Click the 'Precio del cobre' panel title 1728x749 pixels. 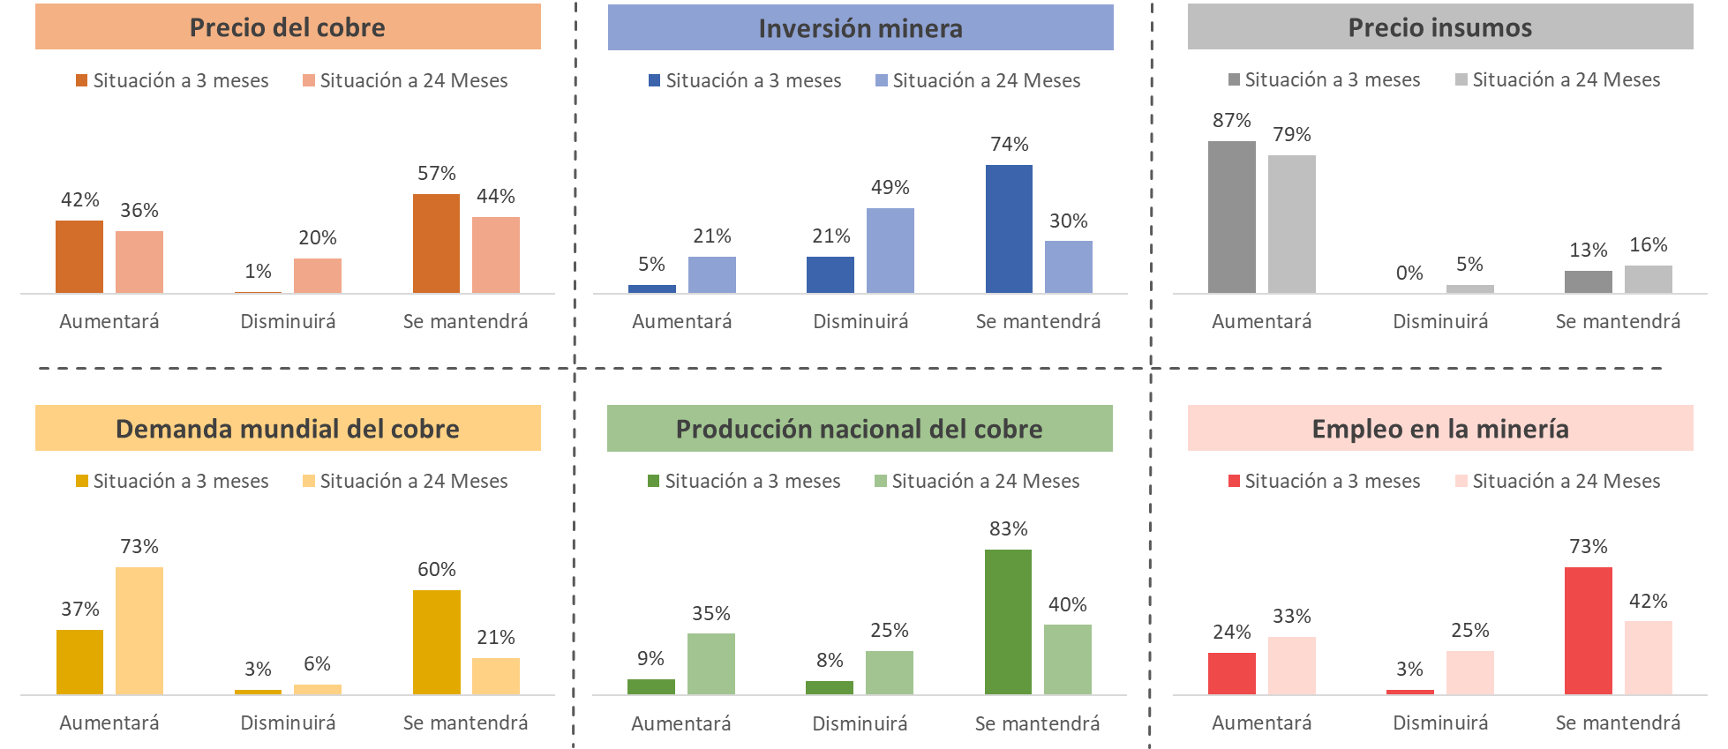[288, 27]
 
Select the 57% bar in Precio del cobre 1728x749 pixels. [436, 243]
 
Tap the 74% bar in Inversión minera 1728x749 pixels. [1009, 229]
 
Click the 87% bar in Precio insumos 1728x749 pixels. [1231, 217]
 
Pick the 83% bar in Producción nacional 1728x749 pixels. [1008, 622]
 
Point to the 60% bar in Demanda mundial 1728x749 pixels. [436, 642]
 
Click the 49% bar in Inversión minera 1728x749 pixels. [890, 251]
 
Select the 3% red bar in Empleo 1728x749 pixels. [1409, 692]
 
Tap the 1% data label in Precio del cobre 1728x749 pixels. [258, 271]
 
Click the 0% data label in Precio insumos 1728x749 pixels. [1409, 273]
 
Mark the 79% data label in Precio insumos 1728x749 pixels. [1291, 134]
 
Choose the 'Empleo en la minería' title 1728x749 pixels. [1440, 429]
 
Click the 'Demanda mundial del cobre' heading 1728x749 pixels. [288, 429]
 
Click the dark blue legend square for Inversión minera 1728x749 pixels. [654, 80]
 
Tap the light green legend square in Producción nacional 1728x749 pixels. [880, 481]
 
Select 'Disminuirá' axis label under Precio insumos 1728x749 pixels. [1440, 321]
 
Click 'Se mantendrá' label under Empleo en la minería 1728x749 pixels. [1618, 723]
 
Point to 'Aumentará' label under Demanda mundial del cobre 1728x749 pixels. [109, 723]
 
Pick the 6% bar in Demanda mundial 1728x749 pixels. [317, 689]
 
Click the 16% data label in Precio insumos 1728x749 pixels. [1648, 244]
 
